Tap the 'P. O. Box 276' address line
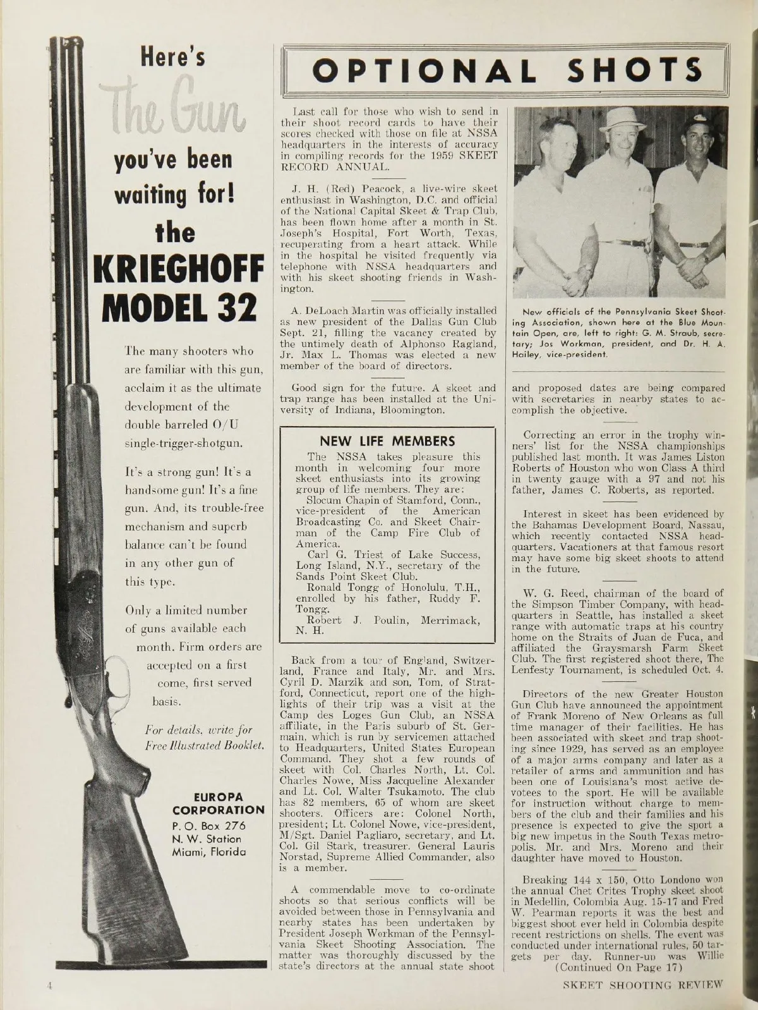[208, 825]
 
